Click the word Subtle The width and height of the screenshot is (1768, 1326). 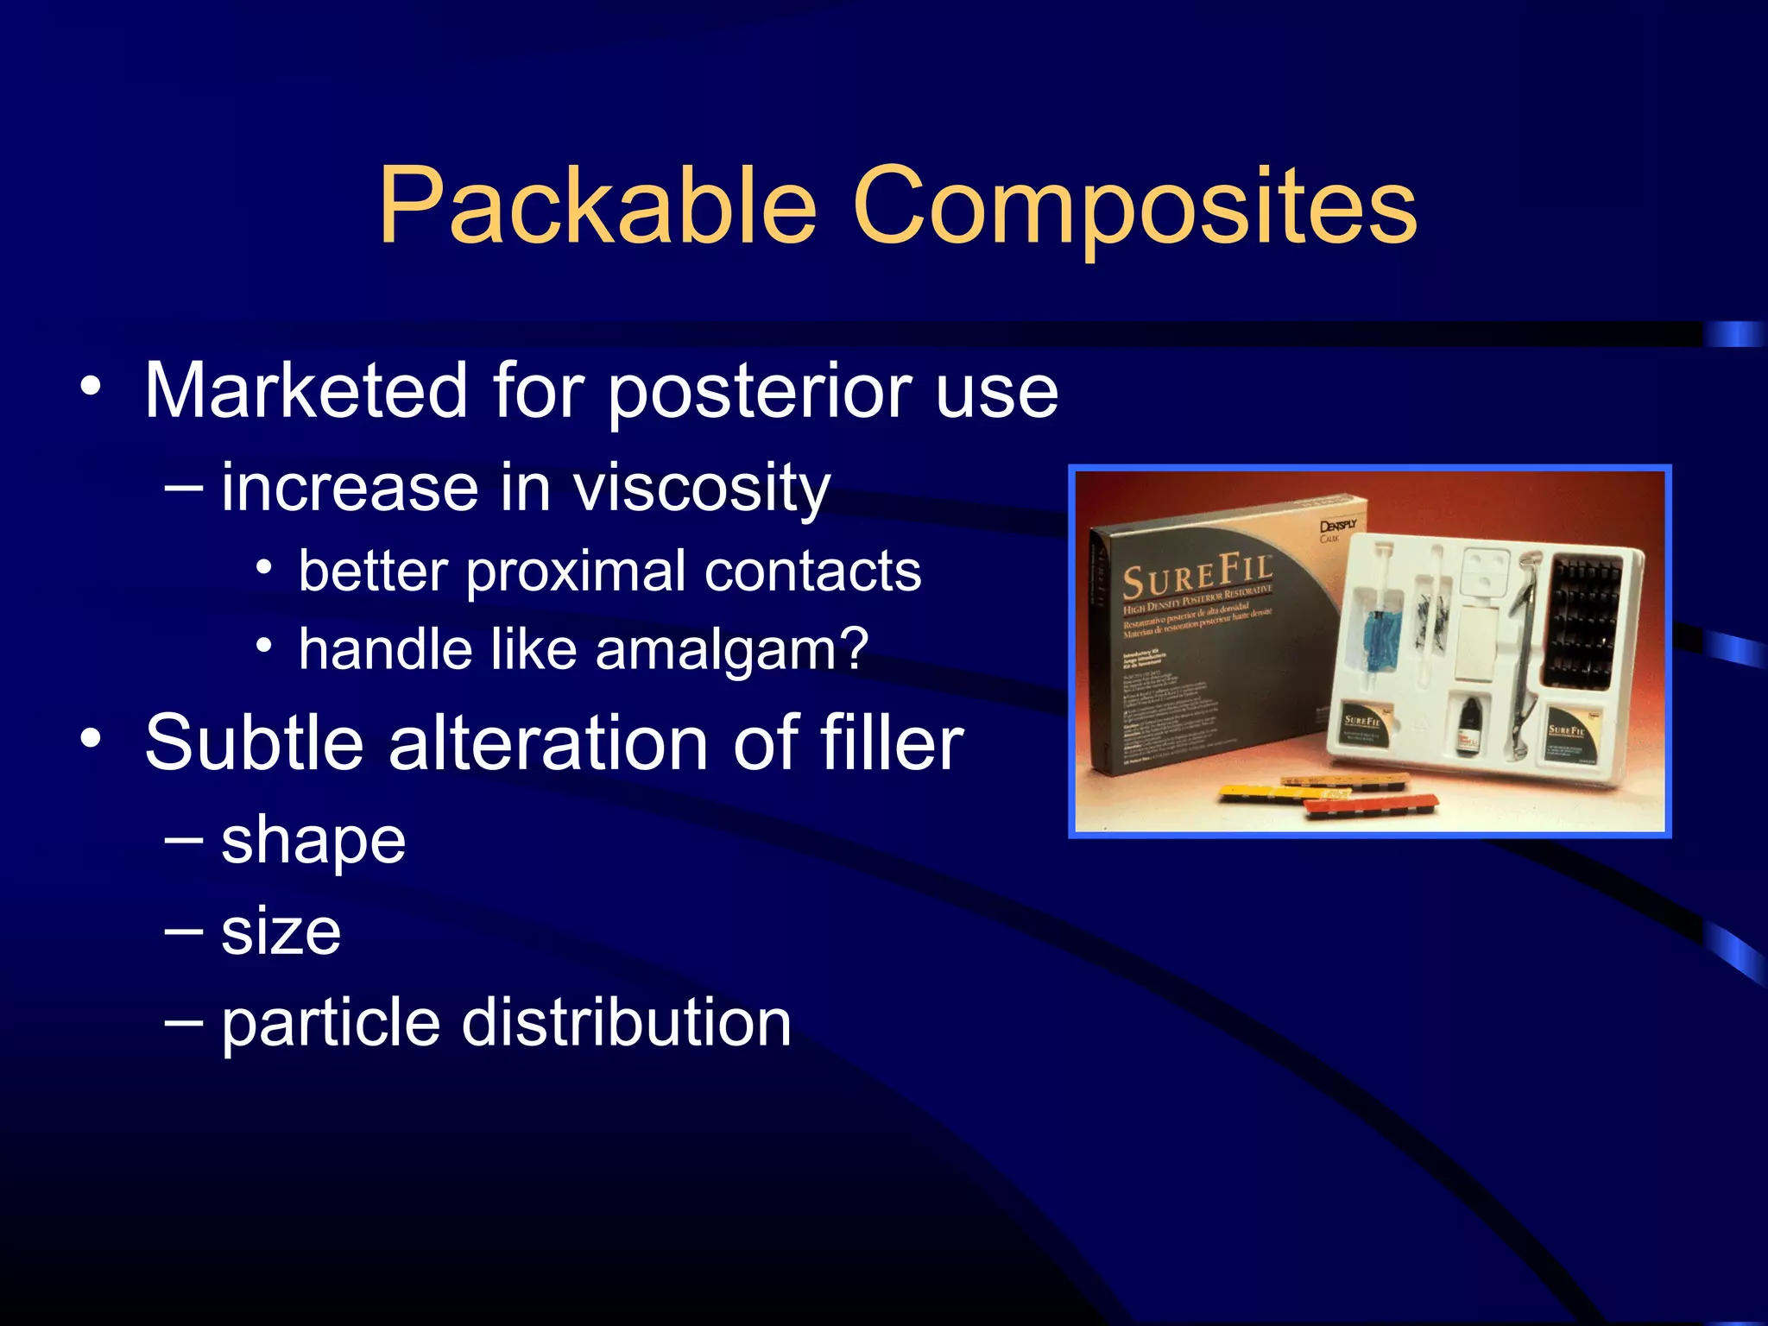coord(255,742)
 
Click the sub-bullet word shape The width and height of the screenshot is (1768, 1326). coord(313,841)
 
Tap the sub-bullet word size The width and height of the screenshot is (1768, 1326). coord(281,932)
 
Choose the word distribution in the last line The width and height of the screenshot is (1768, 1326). coord(626,1023)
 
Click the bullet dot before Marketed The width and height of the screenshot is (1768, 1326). coord(91,385)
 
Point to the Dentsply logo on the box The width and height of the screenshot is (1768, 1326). coord(1338,526)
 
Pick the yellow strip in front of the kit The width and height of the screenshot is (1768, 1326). coord(1278,791)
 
